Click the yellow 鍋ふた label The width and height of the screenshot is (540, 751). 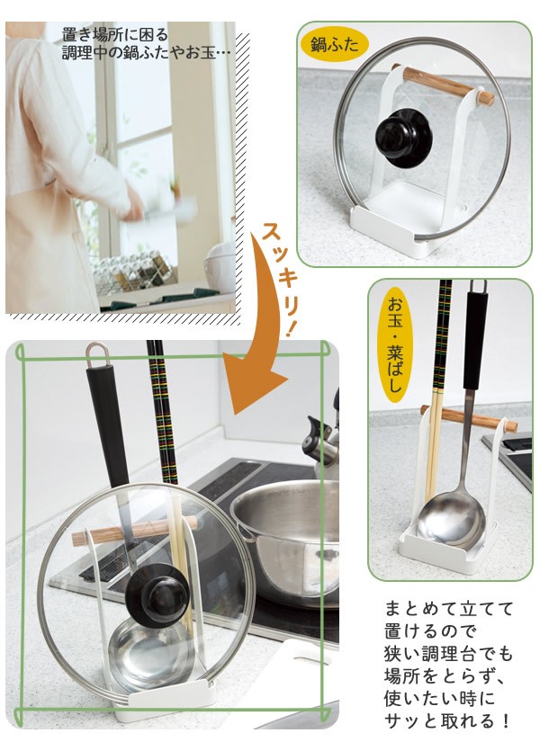335,46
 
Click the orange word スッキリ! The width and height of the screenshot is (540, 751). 282,279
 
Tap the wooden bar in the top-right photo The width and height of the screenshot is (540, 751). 443,85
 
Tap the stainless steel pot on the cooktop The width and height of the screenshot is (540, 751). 287,535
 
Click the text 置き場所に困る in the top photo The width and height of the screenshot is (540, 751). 115,35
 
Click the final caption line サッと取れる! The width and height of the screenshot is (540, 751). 447,720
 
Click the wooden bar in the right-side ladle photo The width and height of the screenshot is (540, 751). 469,418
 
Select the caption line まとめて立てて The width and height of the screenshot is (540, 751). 449,609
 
